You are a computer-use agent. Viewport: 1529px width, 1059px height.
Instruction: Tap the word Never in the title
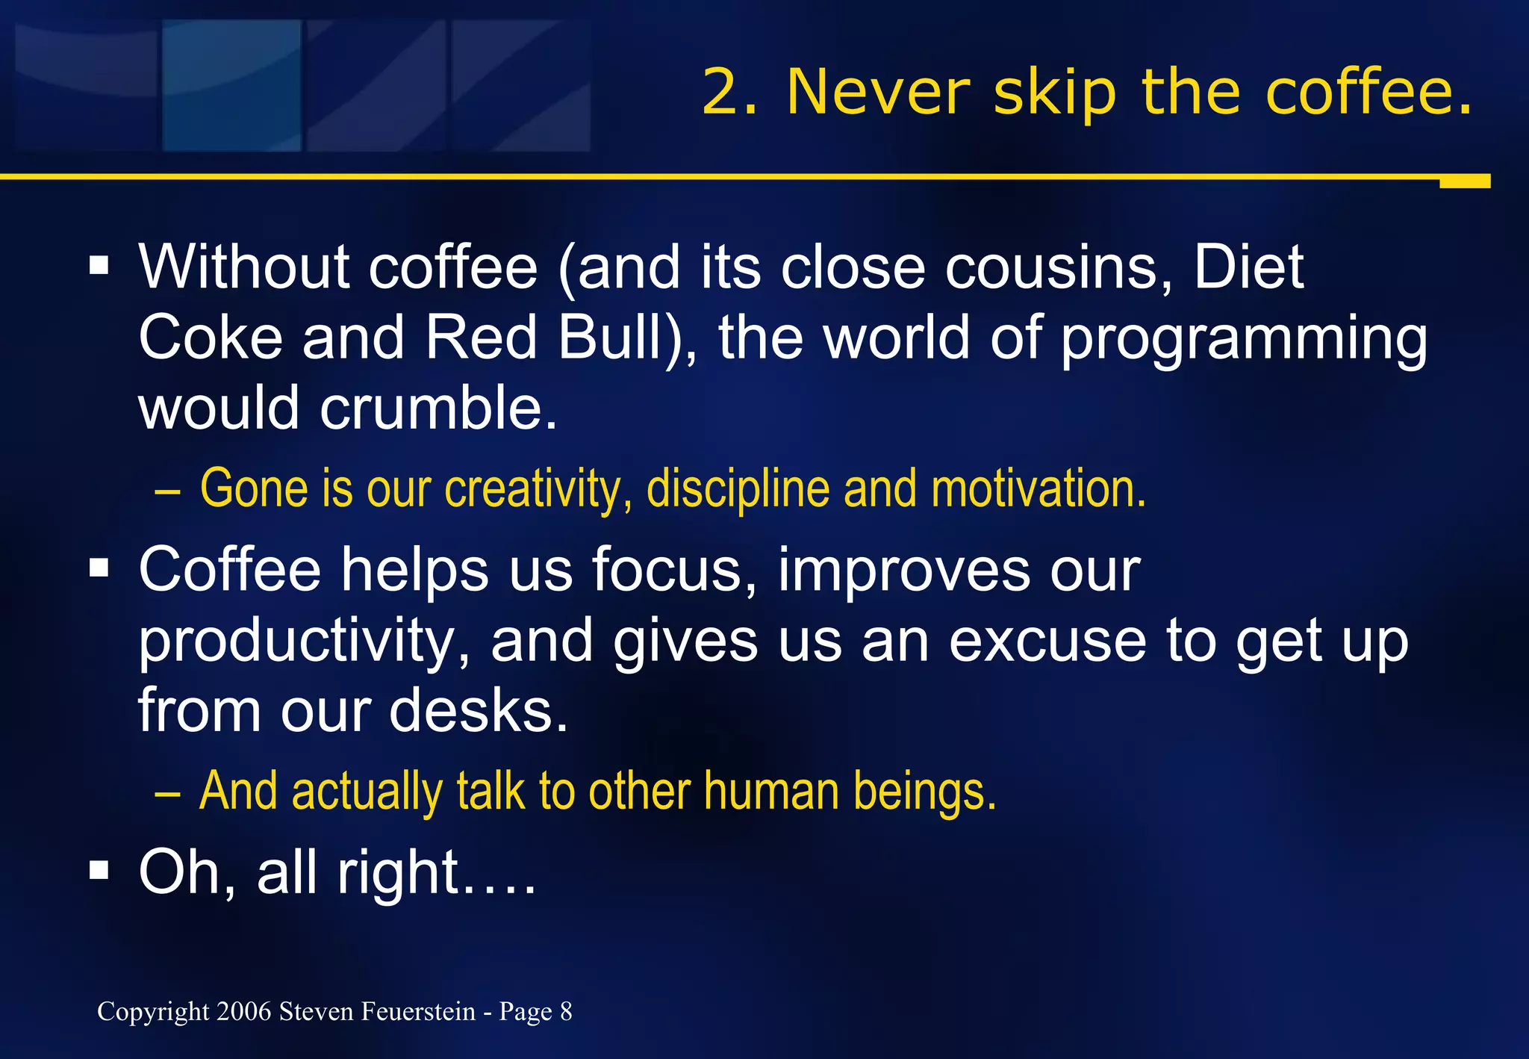click(x=878, y=92)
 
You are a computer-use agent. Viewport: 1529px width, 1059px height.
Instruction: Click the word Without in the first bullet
click(x=243, y=267)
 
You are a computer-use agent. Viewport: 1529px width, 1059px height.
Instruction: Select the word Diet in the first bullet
click(x=1248, y=267)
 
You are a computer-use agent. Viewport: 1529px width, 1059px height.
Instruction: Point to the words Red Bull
click(x=544, y=338)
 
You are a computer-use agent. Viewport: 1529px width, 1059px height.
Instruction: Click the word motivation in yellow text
click(x=1038, y=489)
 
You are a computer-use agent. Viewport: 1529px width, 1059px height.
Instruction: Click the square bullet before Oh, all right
click(x=99, y=869)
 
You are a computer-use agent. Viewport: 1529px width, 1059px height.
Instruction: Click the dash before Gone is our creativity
click(x=167, y=494)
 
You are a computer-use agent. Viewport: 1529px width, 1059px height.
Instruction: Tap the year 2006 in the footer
click(x=244, y=1011)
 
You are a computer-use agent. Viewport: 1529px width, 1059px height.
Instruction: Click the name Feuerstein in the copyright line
click(x=418, y=1011)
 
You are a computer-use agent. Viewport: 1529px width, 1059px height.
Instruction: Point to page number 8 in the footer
click(x=566, y=1011)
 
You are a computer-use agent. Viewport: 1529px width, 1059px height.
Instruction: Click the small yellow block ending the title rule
click(x=1464, y=181)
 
